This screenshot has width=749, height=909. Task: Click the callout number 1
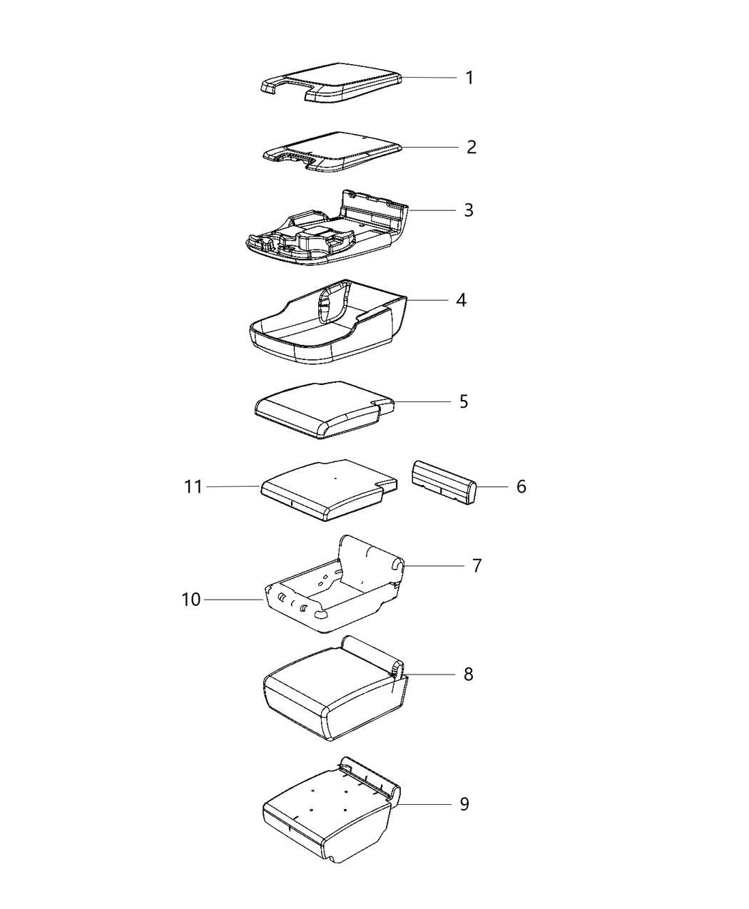coord(469,78)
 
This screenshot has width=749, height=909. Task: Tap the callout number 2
coord(471,147)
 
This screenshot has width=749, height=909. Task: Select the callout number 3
coord(469,210)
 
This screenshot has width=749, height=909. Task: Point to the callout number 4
coord(462,300)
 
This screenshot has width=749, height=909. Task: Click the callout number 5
coord(464,402)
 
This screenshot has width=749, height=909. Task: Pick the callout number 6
coord(521,487)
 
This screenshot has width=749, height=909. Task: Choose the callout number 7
coord(477,566)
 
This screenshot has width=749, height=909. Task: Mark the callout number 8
coord(468,674)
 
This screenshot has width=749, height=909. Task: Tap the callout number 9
coord(464,804)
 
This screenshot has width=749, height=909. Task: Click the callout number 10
coord(191,600)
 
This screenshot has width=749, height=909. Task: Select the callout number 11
coord(193,487)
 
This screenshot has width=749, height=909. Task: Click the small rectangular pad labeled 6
coord(442,483)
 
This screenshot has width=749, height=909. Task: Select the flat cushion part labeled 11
coord(325,488)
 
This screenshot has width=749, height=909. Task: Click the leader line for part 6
coord(492,487)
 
